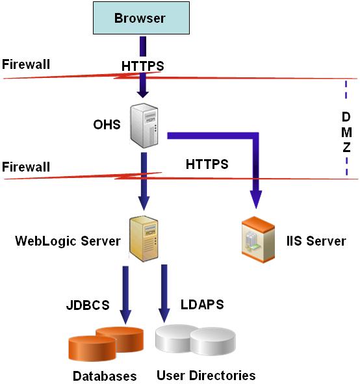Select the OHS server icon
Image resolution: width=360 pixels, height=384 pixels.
point(145,125)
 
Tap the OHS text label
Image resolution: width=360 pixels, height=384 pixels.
point(107,124)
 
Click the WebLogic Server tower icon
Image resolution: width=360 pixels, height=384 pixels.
point(145,238)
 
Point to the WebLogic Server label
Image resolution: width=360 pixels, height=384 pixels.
point(68,241)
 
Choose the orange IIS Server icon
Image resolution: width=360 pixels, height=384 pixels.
point(257,240)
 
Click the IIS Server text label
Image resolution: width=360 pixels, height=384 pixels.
point(316,241)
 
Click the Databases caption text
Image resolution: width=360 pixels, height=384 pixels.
point(105,376)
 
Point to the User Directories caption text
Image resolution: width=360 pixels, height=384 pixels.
point(206,375)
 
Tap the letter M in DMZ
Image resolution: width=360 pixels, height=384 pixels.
point(346,133)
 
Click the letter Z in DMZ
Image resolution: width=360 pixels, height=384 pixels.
point(346,147)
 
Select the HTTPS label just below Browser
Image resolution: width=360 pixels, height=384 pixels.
point(143,66)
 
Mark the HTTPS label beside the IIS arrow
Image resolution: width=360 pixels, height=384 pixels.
point(207,164)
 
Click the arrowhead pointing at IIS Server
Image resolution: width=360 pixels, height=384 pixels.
point(257,201)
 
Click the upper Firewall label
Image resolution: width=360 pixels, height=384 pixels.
point(26,64)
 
